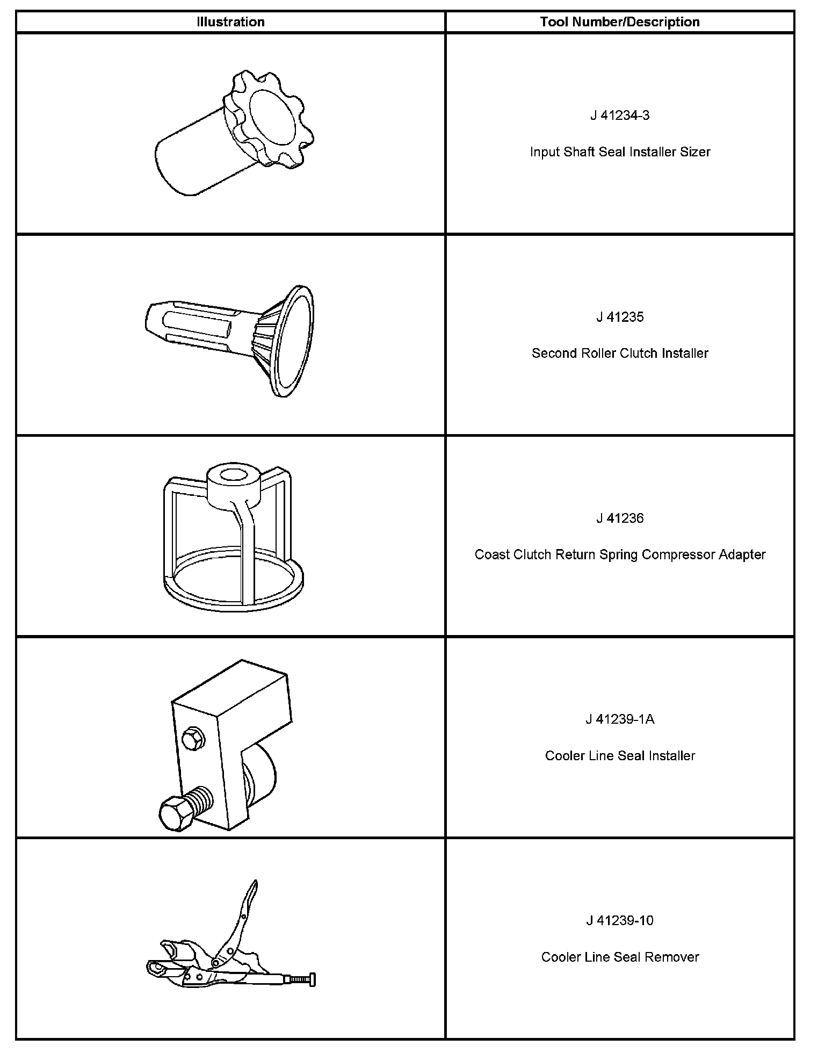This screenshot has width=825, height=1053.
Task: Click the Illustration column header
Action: click(230, 22)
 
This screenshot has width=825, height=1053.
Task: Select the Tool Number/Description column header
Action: click(620, 22)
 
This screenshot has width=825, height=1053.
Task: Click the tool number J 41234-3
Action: click(620, 116)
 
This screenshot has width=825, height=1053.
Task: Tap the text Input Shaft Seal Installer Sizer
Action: click(620, 152)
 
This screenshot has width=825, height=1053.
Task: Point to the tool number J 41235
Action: click(620, 317)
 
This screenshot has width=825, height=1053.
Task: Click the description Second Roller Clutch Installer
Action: click(620, 354)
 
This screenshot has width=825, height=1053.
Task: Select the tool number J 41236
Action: click(620, 518)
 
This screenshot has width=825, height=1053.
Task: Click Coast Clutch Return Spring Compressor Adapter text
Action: click(620, 554)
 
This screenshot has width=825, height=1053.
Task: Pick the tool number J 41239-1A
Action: click(620, 719)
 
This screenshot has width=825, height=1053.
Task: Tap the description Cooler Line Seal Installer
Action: click(620, 756)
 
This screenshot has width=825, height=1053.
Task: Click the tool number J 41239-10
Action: click(620, 921)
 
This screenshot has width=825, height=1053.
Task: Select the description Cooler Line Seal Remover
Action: click(620, 957)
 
